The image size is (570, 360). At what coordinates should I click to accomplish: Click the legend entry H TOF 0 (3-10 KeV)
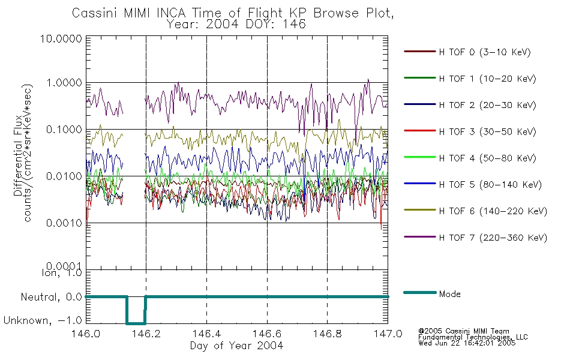485,52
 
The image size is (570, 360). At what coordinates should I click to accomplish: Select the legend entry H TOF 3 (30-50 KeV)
487,131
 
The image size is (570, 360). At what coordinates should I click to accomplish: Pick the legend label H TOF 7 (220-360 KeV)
493,238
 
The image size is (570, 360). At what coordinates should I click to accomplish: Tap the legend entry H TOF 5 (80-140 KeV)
490,185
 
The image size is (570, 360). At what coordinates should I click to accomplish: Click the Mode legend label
449,294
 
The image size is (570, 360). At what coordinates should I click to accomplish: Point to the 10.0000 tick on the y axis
61,38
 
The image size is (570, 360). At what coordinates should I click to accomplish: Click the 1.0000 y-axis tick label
64,83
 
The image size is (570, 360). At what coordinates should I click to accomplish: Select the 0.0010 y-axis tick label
64,223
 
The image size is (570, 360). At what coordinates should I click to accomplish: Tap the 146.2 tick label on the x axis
146,334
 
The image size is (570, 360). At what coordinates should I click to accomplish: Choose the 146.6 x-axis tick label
267,334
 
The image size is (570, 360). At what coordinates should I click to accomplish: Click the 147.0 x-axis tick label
388,334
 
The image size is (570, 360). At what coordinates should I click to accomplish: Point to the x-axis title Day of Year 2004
236,346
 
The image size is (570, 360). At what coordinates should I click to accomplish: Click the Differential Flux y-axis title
18,156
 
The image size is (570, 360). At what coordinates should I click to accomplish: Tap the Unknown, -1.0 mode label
43,320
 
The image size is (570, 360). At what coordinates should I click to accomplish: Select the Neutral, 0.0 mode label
51,297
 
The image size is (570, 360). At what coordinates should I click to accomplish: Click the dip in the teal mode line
136,323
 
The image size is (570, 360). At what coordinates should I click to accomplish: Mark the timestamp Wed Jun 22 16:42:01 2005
467,343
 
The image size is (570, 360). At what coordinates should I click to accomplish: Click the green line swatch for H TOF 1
419,78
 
